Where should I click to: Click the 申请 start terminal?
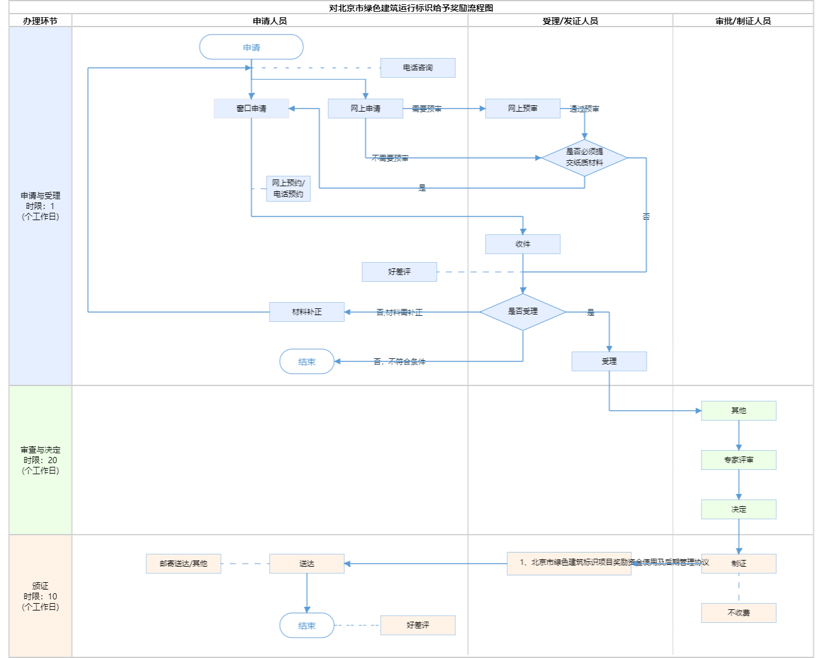(x=251, y=47)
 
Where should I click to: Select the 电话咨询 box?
(x=418, y=68)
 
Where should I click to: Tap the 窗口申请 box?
(x=251, y=109)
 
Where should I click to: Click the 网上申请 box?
(x=365, y=109)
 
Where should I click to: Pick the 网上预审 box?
(x=523, y=109)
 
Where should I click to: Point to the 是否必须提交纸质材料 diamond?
(x=584, y=158)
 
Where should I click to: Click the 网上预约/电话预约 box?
(x=288, y=189)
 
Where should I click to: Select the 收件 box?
(x=523, y=244)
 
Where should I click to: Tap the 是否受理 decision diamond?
(x=523, y=312)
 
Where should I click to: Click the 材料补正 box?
(x=307, y=312)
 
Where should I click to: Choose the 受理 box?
(x=609, y=361)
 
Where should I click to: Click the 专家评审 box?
(x=739, y=460)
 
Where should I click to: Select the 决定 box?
(x=739, y=509)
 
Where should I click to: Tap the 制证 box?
(x=739, y=564)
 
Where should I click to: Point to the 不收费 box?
(x=739, y=613)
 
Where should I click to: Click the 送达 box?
(x=307, y=564)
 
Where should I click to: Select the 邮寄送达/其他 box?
(x=183, y=564)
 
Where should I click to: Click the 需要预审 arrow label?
(x=426, y=109)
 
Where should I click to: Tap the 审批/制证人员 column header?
(x=743, y=21)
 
